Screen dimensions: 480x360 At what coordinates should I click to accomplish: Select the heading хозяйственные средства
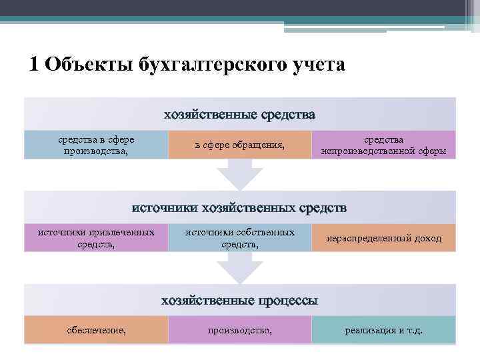coord(240,115)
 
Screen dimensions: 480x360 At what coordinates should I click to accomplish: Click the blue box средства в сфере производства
coord(96,145)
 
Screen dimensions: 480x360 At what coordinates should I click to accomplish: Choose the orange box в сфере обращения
coord(240,145)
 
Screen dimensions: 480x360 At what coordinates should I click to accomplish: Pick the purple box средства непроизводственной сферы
coord(383,145)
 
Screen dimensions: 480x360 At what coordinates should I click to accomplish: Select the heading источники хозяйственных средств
coord(240,208)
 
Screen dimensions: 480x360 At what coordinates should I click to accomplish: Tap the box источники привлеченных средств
coord(96,238)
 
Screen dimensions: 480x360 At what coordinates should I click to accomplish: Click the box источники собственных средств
coord(240,238)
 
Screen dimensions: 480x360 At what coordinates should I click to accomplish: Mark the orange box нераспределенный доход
coord(383,238)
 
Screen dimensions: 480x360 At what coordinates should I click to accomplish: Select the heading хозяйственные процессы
coord(240,301)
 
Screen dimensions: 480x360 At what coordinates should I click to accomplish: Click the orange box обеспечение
coord(96,330)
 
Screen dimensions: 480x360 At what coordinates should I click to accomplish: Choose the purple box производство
coord(240,330)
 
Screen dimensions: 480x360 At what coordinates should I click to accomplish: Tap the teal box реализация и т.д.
coord(383,330)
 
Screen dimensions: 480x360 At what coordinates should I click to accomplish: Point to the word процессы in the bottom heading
coord(288,301)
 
